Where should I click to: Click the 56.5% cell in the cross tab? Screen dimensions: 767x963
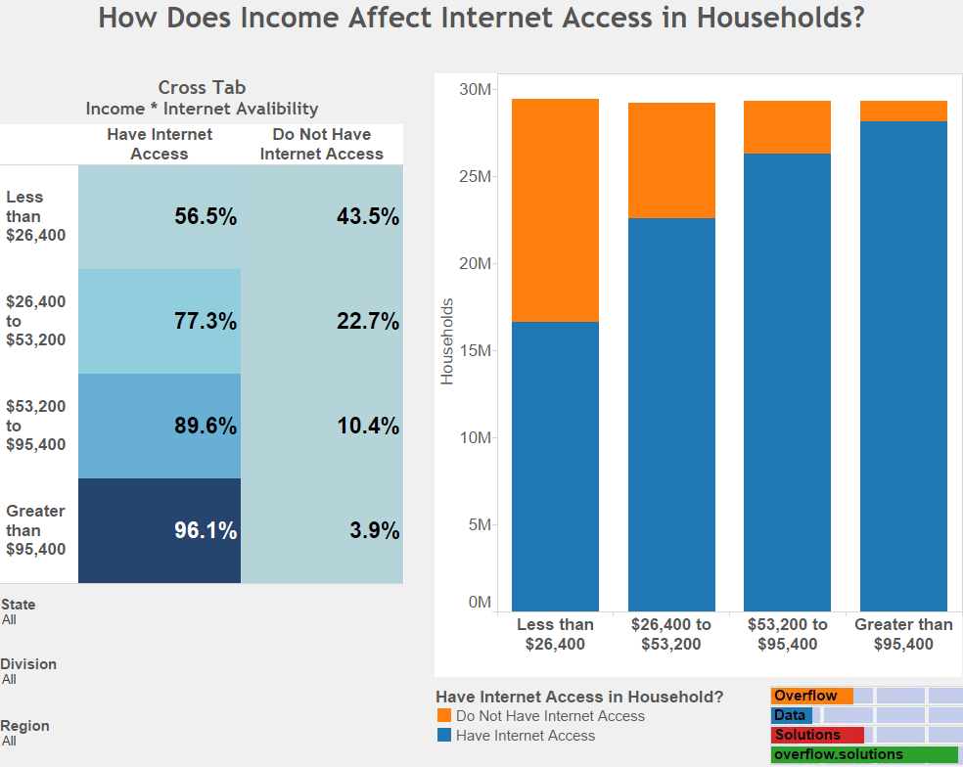click(160, 217)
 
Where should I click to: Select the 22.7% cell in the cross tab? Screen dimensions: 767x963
click(322, 321)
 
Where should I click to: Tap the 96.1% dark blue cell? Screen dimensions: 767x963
click(160, 530)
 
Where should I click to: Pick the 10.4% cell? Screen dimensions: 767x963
click(322, 426)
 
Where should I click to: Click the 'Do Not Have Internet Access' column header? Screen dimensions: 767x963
click(322, 144)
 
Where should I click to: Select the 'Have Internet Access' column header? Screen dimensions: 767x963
click(160, 144)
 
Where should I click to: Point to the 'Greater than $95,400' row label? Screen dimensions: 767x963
click(37, 530)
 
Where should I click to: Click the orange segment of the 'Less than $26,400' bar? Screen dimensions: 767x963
click(555, 210)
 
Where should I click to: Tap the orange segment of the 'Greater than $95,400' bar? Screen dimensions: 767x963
click(903, 111)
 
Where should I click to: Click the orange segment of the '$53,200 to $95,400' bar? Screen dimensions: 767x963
click(787, 127)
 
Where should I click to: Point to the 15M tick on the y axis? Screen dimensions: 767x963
click(479, 351)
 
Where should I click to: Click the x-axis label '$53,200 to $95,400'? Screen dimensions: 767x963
click(787, 634)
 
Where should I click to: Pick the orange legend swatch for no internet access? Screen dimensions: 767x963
click(444, 716)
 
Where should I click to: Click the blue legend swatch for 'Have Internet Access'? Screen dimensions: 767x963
click(444, 736)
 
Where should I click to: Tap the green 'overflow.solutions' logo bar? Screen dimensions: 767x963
click(864, 754)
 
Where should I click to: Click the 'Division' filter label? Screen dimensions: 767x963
click(28, 664)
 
